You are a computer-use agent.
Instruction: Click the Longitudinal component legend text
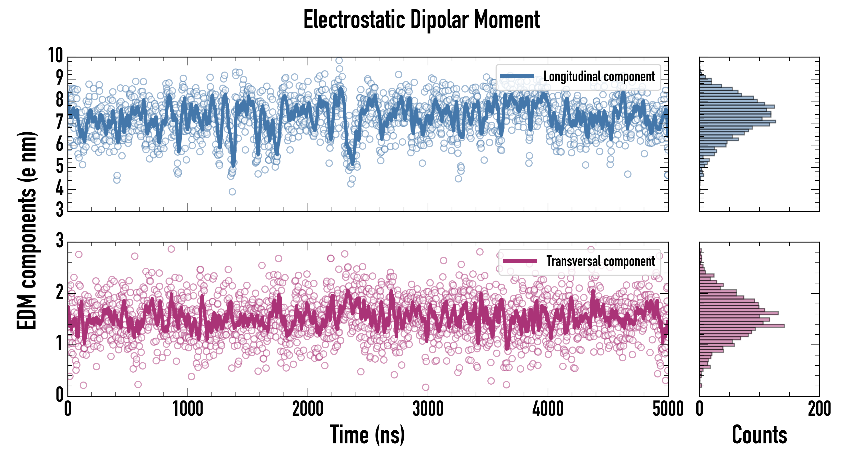point(599,76)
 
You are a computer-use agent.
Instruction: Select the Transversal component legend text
point(601,261)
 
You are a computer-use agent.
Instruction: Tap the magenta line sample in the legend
point(520,261)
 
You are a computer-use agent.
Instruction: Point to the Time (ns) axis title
point(367,434)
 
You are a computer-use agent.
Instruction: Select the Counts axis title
point(759,434)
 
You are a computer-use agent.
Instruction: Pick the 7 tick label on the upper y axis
point(59,122)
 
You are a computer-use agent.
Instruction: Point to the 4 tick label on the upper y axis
point(59,189)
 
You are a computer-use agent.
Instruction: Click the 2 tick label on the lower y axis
point(59,292)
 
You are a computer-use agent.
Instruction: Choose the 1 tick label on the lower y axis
point(59,344)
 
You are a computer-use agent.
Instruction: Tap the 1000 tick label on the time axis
point(188,409)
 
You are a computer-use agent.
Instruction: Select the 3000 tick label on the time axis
point(428,409)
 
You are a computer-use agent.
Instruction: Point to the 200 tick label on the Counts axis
point(819,409)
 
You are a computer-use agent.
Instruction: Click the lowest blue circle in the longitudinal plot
point(232,191)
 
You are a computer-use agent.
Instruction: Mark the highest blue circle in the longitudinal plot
point(339,61)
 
